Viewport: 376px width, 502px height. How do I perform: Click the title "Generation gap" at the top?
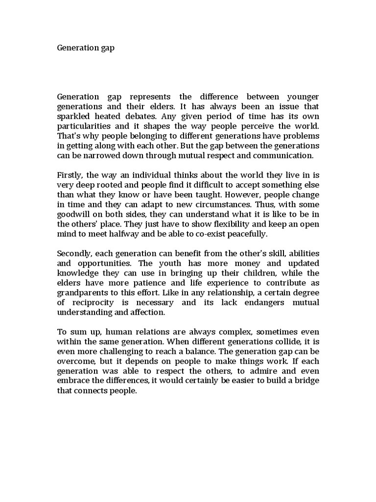coord(86,49)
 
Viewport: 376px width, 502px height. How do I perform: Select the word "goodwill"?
coord(74,215)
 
